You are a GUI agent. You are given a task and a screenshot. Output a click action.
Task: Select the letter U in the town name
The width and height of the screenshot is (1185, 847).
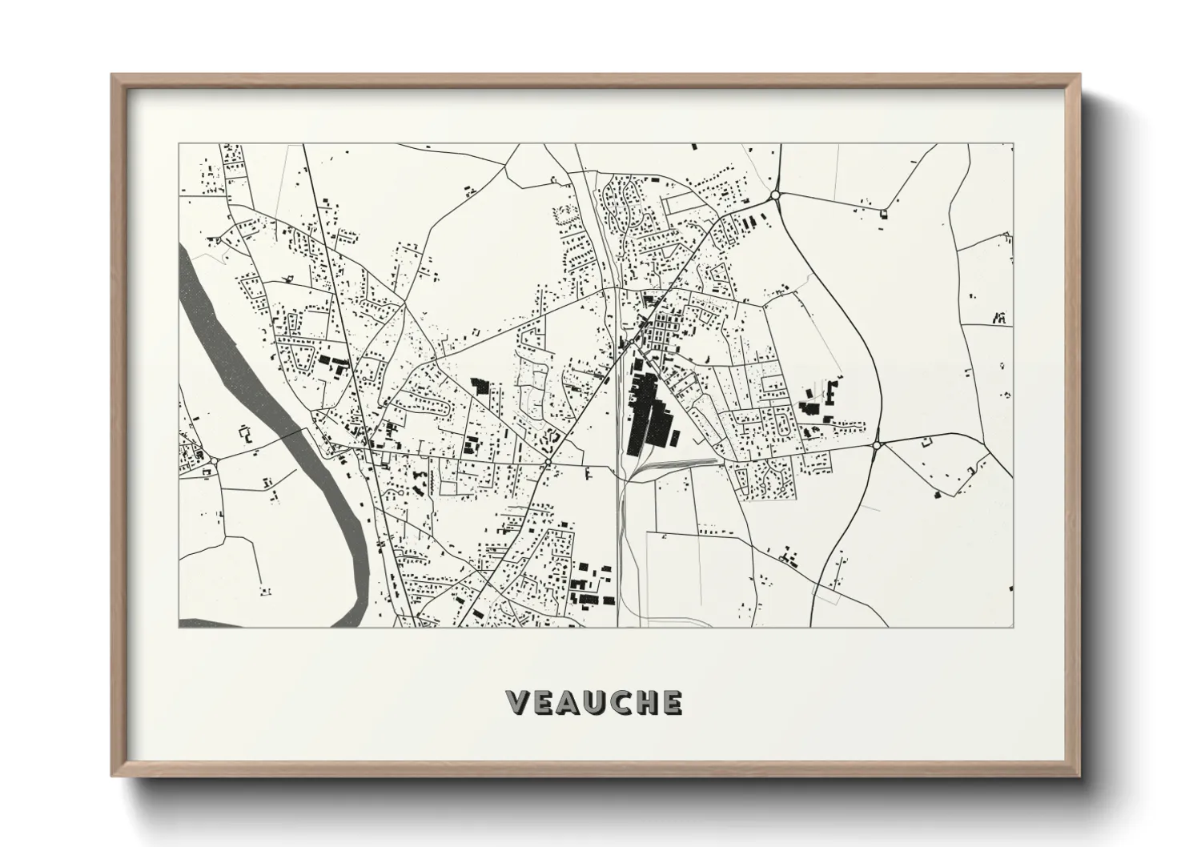(596, 702)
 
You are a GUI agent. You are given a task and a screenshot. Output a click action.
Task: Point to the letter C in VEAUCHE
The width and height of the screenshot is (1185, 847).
(621, 702)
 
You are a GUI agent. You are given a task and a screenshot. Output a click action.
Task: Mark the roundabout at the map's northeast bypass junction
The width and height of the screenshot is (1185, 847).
(775, 195)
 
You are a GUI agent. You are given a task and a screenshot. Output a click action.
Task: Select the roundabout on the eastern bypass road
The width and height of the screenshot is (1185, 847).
(877, 444)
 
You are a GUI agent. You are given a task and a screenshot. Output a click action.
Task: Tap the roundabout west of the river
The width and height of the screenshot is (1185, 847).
(215, 460)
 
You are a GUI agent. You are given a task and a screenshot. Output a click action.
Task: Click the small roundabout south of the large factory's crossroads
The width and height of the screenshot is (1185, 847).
(548, 464)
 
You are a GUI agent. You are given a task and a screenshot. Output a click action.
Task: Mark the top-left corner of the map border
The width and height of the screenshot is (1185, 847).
(179, 144)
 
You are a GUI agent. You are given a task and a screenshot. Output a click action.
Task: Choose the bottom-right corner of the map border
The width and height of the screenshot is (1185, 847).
(1013, 627)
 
